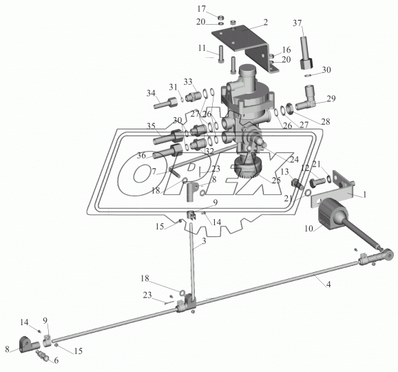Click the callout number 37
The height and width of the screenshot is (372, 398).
pos(297,23)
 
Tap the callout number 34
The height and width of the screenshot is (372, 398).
pos(151,93)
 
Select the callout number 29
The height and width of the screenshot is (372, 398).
pos(331,99)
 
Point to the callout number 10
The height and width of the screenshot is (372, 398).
pos(308,229)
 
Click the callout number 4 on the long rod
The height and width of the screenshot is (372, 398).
pos(328,285)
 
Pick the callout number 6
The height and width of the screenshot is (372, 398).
pos(56,360)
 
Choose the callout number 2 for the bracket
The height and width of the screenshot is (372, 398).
pos(266,22)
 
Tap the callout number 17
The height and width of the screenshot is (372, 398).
pos(201,9)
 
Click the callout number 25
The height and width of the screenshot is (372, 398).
pos(276,180)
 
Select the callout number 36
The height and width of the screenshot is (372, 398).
pos(141,156)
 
